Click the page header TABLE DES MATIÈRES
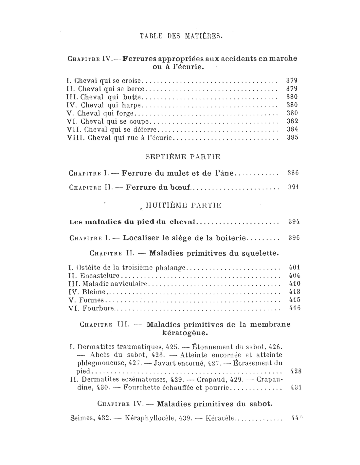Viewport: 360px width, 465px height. (181, 36)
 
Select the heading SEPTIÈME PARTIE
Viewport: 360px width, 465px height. (183, 157)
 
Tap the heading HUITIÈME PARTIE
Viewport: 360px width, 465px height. (183, 206)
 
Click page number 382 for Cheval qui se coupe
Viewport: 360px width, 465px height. (292, 121)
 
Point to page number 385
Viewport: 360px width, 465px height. (292, 138)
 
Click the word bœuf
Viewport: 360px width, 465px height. (180, 188)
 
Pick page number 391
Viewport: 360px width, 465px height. (294, 187)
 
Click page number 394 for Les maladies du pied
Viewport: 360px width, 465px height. (294, 222)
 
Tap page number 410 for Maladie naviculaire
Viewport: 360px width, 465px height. (295, 284)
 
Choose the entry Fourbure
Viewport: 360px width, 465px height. (98, 308)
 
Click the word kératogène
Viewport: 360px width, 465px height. (185, 334)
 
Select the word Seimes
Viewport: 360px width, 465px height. (82, 418)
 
